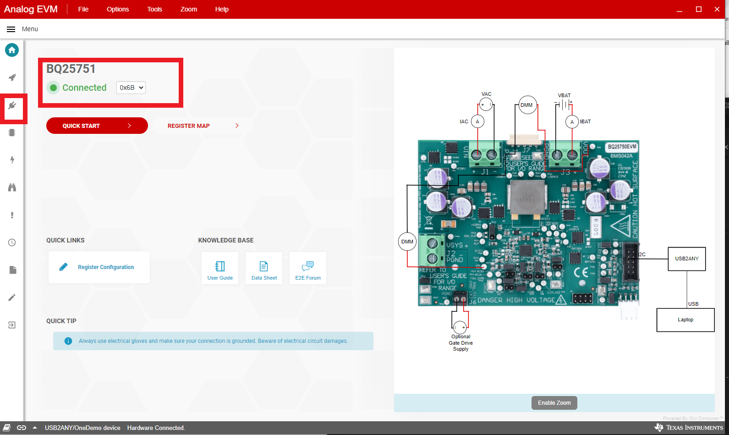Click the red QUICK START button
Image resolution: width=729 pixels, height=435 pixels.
click(97, 126)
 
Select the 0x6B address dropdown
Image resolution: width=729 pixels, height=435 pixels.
click(131, 88)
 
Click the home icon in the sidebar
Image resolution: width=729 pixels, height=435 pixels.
click(12, 50)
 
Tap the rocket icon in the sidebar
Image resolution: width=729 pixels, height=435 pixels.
click(12, 77)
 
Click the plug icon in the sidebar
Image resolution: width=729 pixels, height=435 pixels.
click(12, 106)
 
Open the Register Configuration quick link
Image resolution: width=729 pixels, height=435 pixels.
click(99, 267)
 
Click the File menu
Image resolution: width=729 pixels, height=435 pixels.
click(83, 9)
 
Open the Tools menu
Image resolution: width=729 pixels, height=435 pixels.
click(155, 9)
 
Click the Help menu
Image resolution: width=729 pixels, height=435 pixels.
click(222, 9)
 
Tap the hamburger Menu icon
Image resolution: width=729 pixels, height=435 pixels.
click(11, 29)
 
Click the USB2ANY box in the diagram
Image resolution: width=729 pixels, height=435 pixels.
click(686, 259)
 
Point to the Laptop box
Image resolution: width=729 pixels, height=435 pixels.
click(685, 320)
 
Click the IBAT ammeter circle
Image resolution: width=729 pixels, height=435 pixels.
click(572, 122)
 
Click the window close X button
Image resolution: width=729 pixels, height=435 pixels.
click(717, 9)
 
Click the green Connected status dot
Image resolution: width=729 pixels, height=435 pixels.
click(54, 88)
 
